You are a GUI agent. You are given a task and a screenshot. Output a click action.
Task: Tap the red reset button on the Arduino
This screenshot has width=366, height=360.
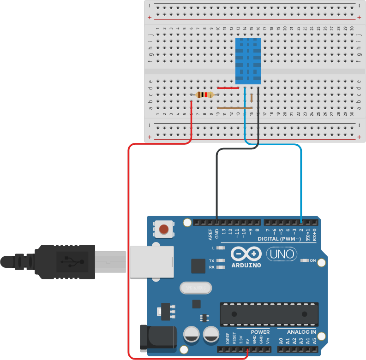coord(163,229)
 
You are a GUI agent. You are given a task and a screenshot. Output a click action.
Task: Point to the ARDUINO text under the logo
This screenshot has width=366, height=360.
coord(246,266)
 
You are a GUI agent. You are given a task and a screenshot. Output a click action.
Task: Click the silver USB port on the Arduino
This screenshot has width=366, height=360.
coord(151,262)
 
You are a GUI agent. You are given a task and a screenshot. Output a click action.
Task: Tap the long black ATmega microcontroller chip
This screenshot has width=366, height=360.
coord(269,314)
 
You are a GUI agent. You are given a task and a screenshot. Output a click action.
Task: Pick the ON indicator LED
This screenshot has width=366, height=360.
coord(305,261)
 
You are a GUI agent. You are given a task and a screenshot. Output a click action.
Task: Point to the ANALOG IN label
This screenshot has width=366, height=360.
coord(301,332)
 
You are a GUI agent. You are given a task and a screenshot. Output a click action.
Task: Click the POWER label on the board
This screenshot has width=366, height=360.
coord(260,332)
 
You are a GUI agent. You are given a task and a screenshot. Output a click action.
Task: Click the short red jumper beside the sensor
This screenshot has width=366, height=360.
coord(228,88)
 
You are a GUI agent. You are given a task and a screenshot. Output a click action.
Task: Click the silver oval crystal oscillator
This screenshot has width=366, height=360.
coord(195,288)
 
